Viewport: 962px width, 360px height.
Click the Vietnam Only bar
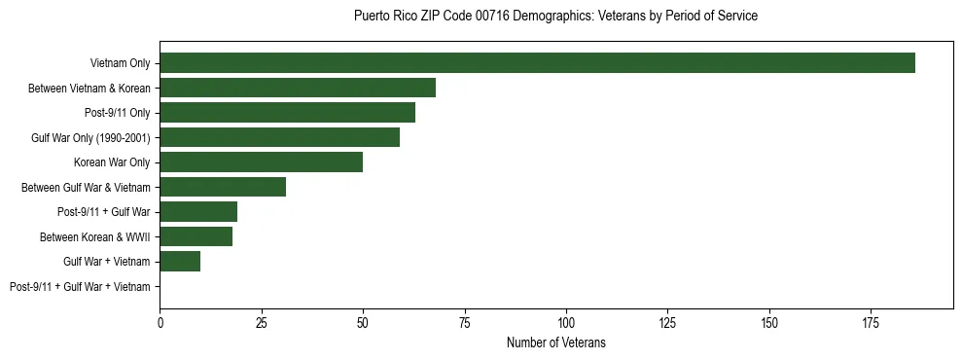point(537,63)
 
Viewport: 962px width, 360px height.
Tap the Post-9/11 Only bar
point(287,113)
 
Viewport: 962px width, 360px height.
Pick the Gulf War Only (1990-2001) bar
point(279,137)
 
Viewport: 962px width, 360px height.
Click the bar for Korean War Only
point(261,162)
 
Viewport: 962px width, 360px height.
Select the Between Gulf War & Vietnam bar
point(223,187)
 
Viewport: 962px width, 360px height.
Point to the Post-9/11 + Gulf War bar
point(198,212)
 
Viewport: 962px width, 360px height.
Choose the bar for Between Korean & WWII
point(196,236)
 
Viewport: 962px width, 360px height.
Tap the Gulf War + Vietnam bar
point(180,262)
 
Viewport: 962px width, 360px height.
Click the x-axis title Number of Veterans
point(556,342)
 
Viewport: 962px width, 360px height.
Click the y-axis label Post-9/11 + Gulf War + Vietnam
point(80,287)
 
